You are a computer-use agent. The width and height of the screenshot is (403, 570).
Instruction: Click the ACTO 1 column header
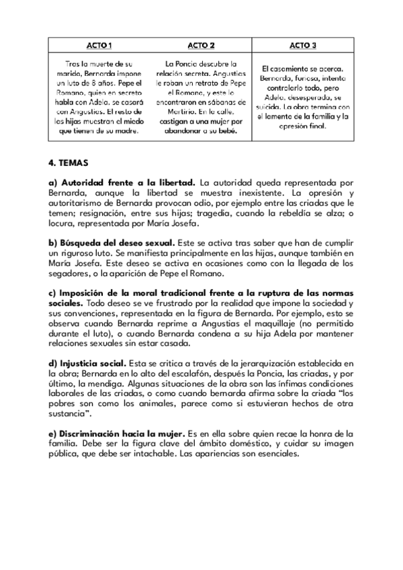point(99,45)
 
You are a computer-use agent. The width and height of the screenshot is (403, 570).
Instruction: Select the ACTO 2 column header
point(201,45)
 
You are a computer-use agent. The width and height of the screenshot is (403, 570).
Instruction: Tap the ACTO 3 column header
point(303,45)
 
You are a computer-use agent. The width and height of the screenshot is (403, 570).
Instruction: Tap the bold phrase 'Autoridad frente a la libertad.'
point(122,182)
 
